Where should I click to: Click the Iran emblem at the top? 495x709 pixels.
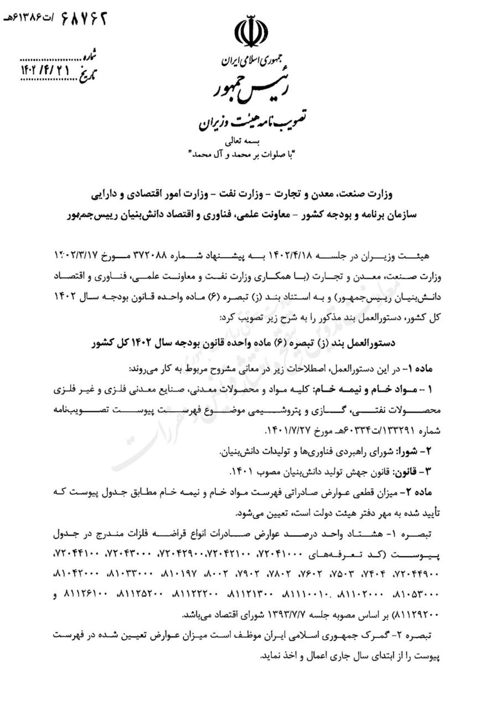point(250,33)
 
